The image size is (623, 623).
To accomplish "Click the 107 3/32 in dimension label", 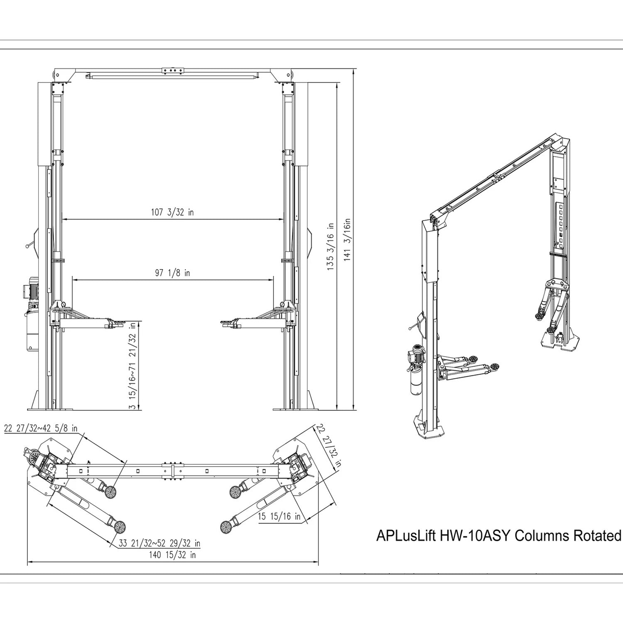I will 172,213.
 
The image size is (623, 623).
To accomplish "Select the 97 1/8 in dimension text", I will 173,273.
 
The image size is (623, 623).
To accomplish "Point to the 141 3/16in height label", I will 347,240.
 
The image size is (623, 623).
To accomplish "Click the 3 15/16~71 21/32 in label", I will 132,366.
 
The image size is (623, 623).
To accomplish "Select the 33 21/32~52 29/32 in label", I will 159,543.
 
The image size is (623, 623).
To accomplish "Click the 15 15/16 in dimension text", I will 279,517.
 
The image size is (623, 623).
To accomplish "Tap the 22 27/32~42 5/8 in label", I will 41,429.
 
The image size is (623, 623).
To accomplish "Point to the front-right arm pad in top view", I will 226,527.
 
